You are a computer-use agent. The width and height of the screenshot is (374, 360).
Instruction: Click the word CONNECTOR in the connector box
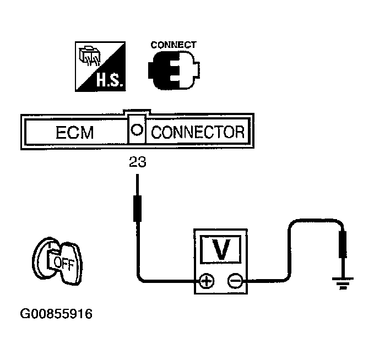[197, 132]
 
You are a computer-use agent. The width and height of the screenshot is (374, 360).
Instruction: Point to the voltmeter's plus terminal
[207, 281]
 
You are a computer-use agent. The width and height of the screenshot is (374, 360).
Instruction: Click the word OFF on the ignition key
[62, 261]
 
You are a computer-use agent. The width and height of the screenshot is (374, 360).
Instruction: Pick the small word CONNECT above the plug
[174, 45]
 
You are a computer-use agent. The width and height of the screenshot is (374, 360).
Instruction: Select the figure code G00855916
[56, 314]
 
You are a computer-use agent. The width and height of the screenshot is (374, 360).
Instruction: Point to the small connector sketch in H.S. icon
[90, 57]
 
